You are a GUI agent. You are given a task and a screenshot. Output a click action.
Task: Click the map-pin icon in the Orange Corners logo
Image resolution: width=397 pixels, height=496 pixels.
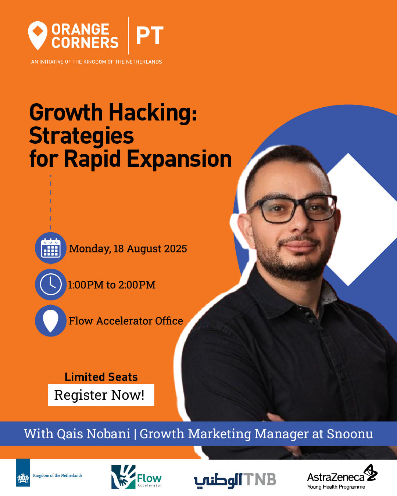tap(37, 36)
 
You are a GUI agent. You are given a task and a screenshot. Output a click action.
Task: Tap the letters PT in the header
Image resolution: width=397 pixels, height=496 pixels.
tap(150, 36)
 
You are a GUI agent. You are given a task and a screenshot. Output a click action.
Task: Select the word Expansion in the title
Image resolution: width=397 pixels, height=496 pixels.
tap(179, 159)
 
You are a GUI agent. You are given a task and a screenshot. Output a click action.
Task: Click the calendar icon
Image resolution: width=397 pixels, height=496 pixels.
tap(50, 248)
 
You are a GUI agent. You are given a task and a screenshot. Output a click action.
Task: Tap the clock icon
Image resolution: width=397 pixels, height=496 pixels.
tap(50, 284)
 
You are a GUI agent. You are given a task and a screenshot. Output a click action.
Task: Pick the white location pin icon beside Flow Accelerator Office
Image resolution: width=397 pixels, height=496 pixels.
tap(50, 321)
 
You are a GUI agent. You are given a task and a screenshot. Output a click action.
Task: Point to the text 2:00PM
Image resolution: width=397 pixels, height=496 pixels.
tap(137, 285)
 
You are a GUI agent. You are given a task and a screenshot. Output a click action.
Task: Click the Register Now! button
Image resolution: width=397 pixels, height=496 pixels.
tap(101, 395)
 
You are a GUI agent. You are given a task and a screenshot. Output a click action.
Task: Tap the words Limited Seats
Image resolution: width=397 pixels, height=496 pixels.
tap(101, 377)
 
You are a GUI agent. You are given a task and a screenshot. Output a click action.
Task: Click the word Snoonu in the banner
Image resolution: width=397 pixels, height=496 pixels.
tap(350, 434)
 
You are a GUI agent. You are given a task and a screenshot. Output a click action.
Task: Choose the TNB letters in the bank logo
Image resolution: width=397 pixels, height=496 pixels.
tap(260, 479)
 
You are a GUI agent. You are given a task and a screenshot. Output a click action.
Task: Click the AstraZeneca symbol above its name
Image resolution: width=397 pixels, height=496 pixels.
tap(371, 473)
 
